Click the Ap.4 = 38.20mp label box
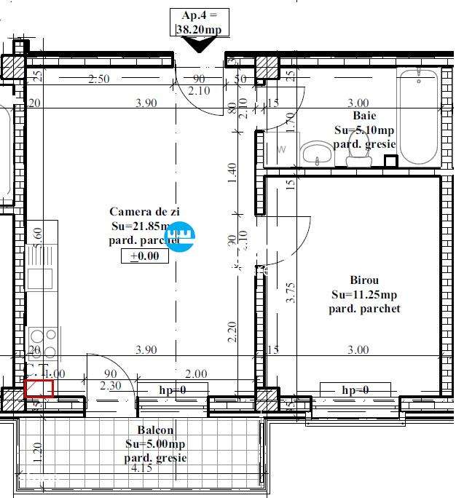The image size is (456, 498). (199, 22)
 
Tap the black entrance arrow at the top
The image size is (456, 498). (199, 44)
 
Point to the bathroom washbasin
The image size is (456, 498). (316, 154)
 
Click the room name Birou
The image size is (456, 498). (363, 280)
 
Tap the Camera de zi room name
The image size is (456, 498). (144, 211)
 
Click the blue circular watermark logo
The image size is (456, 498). (179, 237)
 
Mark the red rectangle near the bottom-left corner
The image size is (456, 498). (39, 388)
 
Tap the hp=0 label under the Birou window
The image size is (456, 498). (355, 391)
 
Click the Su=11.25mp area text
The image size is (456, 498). (363, 295)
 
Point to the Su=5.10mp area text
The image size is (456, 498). (364, 130)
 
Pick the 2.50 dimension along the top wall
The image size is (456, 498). (98, 79)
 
